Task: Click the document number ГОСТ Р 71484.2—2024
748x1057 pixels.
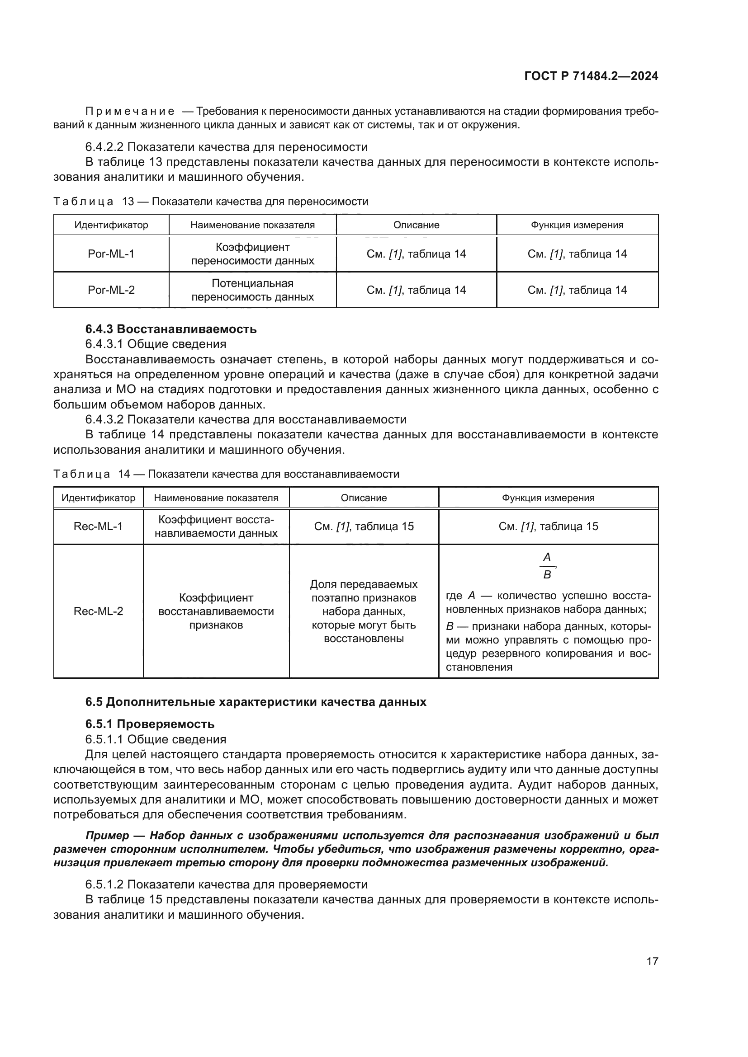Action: click(x=591, y=76)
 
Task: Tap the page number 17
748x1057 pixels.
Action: click(x=652, y=961)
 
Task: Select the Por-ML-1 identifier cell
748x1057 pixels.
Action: click(x=111, y=254)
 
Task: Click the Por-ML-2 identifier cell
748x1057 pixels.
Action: click(x=111, y=290)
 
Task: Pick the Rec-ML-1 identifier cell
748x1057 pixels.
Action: click(x=98, y=526)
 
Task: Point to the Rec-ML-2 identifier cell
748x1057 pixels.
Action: click(x=98, y=611)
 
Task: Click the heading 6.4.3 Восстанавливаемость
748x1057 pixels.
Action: click(x=171, y=329)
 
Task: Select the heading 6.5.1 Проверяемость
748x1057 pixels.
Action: click(x=150, y=723)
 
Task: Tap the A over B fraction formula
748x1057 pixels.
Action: click(x=547, y=565)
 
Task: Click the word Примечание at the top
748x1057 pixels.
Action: click(x=130, y=112)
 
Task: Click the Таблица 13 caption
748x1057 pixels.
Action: click(x=210, y=202)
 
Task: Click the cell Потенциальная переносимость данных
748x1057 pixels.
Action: click(x=252, y=290)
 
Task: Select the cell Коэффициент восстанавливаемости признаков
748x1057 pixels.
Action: click(x=216, y=611)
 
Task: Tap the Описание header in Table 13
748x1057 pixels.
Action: click(x=416, y=225)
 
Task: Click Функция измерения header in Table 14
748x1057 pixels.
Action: click(x=548, y=498)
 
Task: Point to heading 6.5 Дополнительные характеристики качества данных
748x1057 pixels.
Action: click(x=256, y=702)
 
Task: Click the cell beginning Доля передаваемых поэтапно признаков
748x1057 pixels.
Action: click(x=364, y=611)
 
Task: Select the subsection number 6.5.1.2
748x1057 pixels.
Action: click(x=104, y=884)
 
